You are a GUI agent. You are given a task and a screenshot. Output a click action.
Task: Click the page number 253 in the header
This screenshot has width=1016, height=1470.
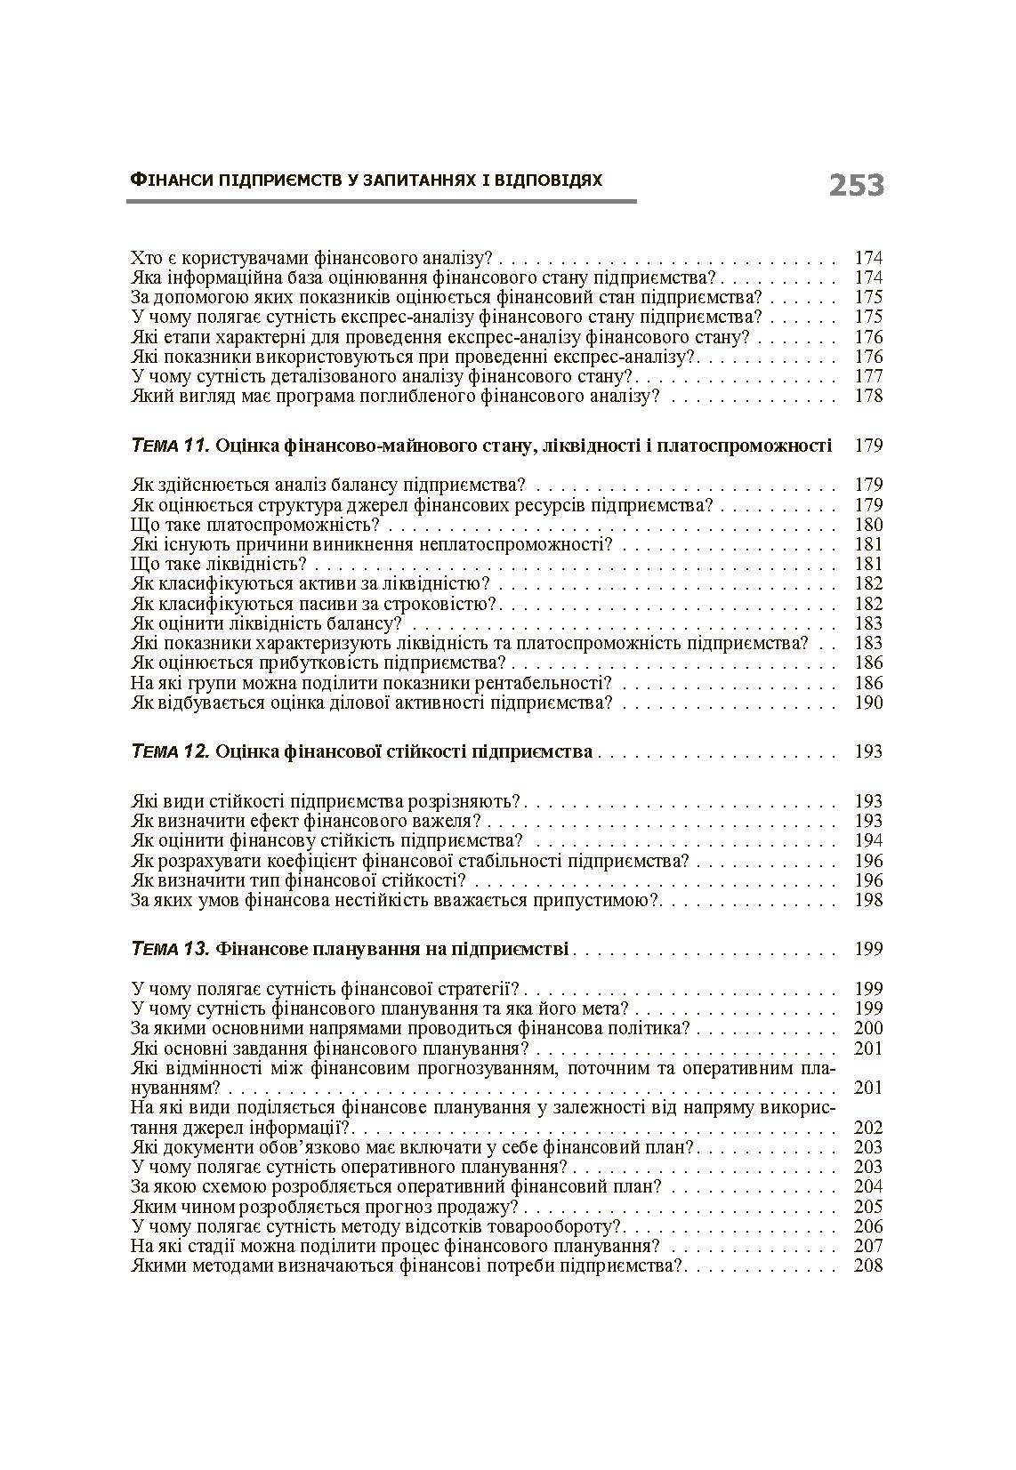[856, 185]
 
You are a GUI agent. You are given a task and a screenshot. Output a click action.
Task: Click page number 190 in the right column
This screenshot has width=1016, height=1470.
[867, 703]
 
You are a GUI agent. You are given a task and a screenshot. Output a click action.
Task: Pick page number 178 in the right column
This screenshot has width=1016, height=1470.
[867, 397]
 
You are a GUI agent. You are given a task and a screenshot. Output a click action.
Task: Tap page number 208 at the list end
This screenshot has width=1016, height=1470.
[867, 1266]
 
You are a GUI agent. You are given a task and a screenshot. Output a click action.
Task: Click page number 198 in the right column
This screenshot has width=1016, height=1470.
[867, 901]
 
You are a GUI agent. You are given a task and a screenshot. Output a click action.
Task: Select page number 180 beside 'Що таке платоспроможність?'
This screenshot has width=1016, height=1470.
[867, 525]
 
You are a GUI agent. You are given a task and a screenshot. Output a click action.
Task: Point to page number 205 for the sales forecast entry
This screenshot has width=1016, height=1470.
[867, 1208]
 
